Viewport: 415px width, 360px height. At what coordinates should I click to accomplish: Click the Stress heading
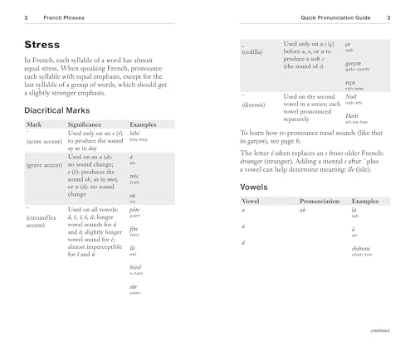[42, 43]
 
